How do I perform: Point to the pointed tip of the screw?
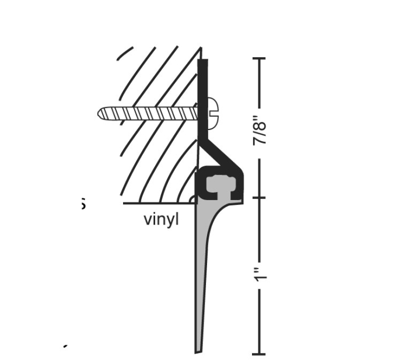click(101, 112)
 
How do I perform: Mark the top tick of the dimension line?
click(258, 58)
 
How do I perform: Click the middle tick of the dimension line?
click(258, 198)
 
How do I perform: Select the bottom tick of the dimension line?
click(258, 354)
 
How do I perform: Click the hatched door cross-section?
click(157, 152)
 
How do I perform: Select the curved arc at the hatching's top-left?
click(124, 53)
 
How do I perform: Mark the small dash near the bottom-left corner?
click(65, 346)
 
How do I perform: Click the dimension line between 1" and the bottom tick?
click(258, 321)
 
